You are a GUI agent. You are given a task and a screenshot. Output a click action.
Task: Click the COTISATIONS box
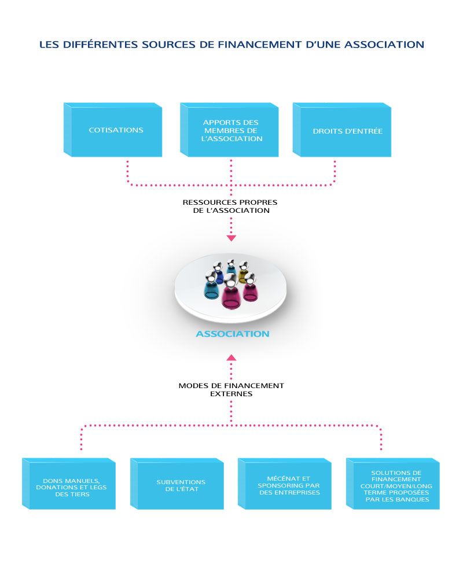[113, 130]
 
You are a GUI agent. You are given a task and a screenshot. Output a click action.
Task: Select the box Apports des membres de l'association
[229, 130]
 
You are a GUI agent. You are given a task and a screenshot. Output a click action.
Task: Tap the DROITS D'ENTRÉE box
[342, 130]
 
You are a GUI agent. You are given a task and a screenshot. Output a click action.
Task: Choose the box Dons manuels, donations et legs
[69, 484]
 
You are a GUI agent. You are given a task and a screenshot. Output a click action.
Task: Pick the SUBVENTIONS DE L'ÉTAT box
[177, 484]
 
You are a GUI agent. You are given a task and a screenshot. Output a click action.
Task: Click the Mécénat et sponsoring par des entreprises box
[285, 484]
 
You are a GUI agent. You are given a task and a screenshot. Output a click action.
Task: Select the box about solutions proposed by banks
[392, 484]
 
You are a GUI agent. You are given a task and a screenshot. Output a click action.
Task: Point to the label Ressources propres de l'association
[230, 206]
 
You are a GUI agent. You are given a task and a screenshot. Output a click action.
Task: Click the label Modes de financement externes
[231, 389]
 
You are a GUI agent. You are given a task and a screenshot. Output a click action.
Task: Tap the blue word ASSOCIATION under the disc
[233, 334]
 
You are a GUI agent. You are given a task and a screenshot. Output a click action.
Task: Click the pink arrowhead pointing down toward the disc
[231, 238]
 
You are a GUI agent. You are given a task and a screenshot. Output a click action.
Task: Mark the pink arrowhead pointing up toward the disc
[231, 357]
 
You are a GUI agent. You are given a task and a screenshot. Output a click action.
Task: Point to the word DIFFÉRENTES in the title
[101, 45]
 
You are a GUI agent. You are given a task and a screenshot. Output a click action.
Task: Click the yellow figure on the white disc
[243, 272]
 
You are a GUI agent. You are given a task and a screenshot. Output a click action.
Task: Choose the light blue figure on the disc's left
[211, 286]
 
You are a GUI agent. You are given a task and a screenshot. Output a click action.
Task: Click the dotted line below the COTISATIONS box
[128, 173]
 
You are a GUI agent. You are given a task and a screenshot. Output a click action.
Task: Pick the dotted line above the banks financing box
[381, 437]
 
